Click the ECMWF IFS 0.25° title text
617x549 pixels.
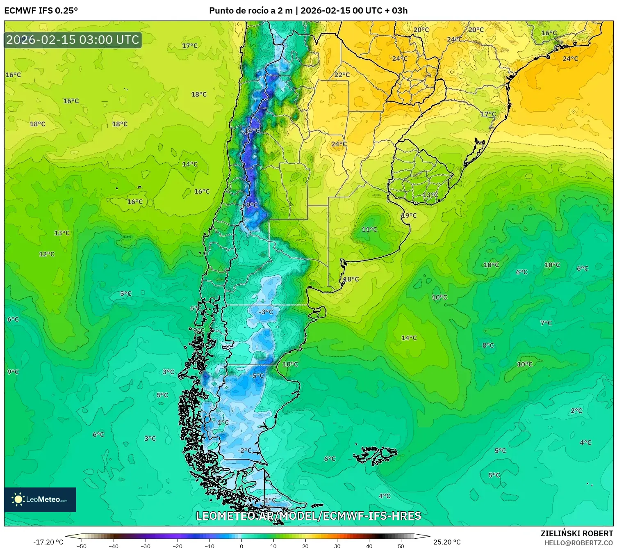coord(41,11)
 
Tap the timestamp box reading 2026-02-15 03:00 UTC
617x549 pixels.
coord(73,40)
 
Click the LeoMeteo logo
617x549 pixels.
coord(40,499)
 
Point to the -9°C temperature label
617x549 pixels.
coord(251,205)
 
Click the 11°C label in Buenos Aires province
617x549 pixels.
coord(369,229)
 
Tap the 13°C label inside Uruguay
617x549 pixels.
coord(430,195)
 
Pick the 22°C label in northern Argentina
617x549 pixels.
coord(342,75)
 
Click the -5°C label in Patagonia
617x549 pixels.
coord(257,375)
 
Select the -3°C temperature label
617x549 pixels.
coord(265,312)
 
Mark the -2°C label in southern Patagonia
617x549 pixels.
coord(244,450)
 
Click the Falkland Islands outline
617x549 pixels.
coord(375,455)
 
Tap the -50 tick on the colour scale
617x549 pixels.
coord(82,546)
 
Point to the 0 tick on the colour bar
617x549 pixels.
coord(241,546)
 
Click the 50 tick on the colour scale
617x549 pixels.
coord(401,546)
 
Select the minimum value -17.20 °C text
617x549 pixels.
coord(48,542)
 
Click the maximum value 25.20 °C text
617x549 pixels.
coord(446,542)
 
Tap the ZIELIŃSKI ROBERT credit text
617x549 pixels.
coord(576,533)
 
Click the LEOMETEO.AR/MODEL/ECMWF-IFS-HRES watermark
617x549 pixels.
coord(308,516)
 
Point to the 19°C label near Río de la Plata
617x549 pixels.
coord(409,215)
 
